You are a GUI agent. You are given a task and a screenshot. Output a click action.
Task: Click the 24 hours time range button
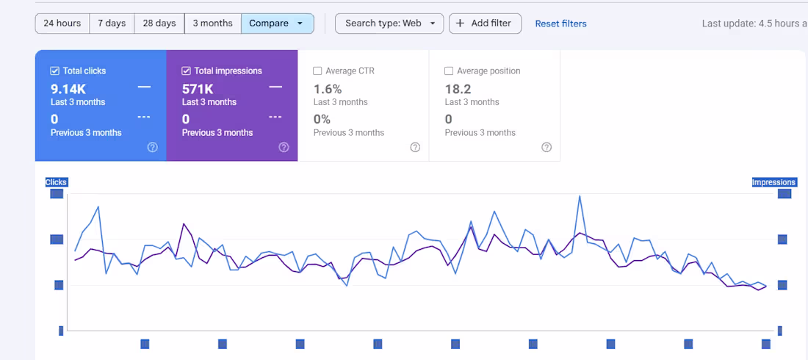(62, 24)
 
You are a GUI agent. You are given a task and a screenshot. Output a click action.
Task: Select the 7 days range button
(112, 24)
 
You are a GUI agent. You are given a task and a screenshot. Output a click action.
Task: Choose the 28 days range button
(159, 24)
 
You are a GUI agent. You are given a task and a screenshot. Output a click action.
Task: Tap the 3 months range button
(212, 24)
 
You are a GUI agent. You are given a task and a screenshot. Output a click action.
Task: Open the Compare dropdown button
(277, 24)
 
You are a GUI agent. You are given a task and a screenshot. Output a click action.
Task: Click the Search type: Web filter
(389, 24)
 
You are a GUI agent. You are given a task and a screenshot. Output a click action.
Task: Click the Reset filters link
(560, 24)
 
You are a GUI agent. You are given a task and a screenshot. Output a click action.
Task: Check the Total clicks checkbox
(55, 71)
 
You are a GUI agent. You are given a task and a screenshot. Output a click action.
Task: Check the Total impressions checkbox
(187, 71)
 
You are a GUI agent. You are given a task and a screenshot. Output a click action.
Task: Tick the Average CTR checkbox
(317, 71)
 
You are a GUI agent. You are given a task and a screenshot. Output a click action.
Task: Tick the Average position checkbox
(449, 71)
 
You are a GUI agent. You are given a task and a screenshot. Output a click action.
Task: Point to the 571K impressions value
(198, 89)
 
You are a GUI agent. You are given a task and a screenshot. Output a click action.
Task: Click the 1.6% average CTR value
(328, 89)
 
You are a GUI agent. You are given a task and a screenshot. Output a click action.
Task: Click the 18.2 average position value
(458, 89)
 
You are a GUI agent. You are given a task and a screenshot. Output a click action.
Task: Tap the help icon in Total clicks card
(152, 147)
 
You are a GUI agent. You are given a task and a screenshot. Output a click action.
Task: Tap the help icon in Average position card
(547, 147)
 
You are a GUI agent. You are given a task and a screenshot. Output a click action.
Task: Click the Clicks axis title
(56, 182)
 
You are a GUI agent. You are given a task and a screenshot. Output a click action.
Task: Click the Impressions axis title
(773, 182)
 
